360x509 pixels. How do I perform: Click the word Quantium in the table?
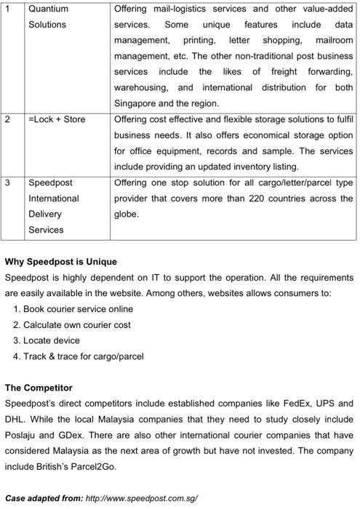(x=48, y=9)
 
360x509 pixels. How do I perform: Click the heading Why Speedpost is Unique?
(x=61, y=261)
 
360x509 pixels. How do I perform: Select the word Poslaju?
(x=22, y=435)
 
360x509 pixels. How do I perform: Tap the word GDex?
(x=68, y=435)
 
